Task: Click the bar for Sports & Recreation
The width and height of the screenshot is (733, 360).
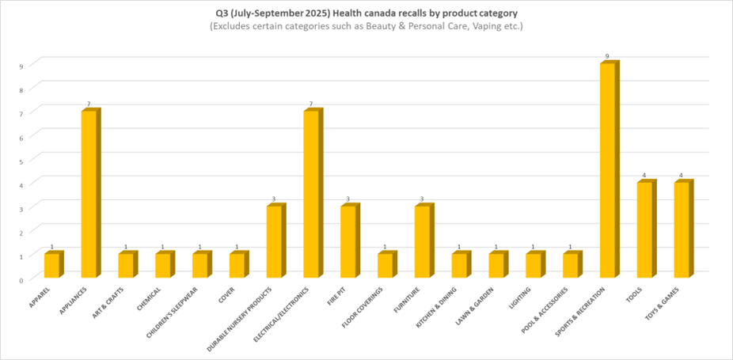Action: click(608, 170)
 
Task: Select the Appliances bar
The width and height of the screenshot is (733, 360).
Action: click(89, 194)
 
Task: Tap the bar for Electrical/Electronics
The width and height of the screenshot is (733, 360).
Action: click(312, 194)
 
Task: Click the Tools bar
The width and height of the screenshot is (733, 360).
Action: click(645, 229)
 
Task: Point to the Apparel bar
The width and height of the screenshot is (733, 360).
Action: click(52, 265)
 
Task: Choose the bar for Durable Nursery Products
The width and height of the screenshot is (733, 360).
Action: click(275, 241)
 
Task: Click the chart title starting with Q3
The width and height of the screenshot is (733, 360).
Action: click(366, 13)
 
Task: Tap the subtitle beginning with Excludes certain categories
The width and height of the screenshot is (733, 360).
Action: click(366, 27)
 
